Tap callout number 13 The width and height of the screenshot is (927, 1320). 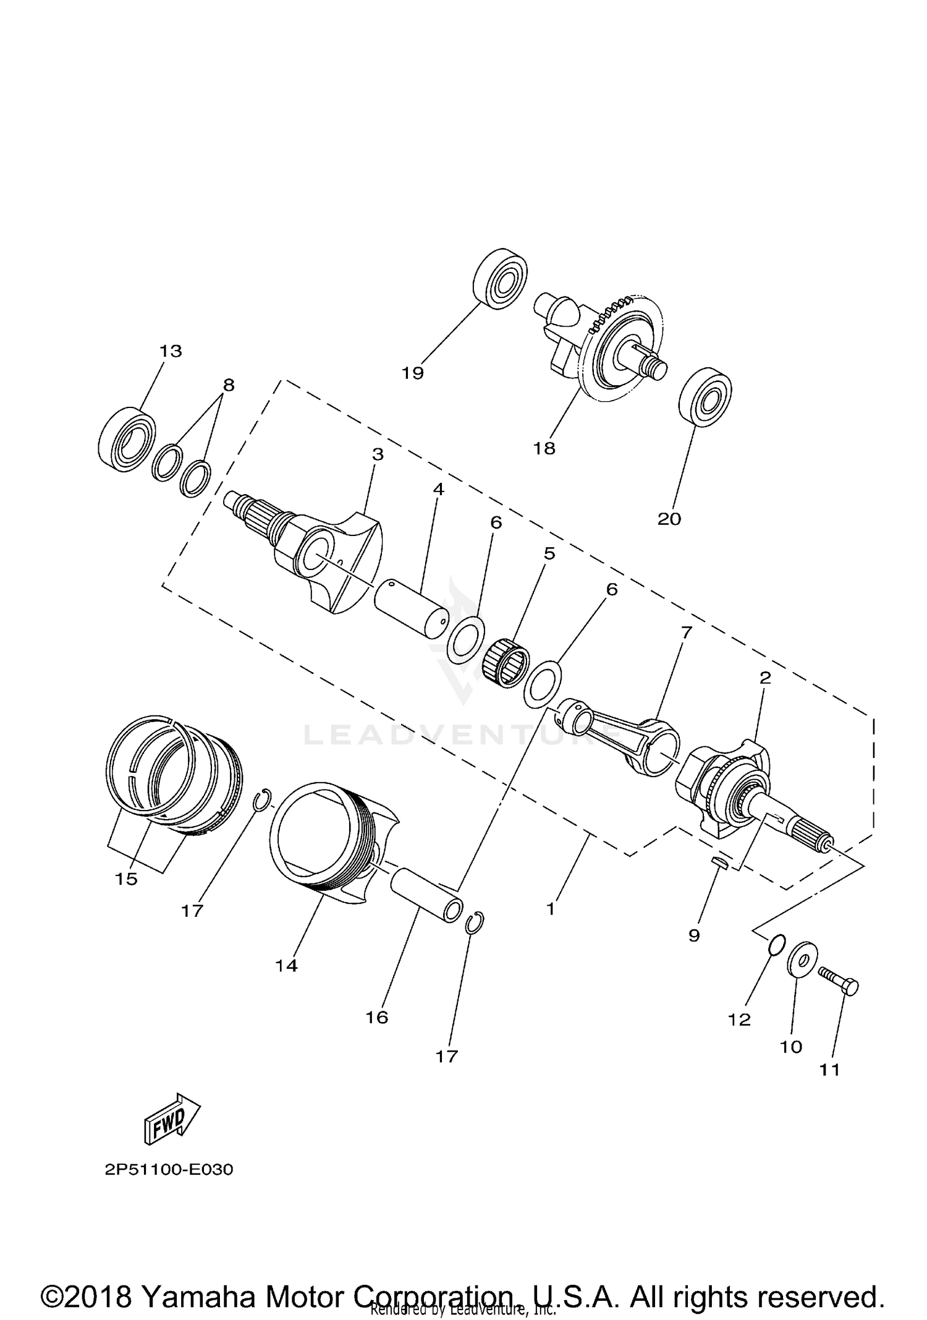[171, 351]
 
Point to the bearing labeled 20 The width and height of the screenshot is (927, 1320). [705, 397]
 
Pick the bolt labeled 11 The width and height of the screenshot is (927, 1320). [838, 980]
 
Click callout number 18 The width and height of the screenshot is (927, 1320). [544, 448]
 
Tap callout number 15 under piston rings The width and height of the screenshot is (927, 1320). [126, 879]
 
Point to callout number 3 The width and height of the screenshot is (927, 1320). [378, 454]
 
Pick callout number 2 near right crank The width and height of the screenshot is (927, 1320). [765, 678]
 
